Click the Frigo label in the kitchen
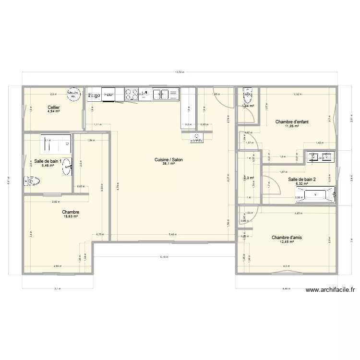tap(94, 95)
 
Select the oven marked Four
tap(109, 95)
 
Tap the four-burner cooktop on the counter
tap(132, 95)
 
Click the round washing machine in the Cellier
tap(73, 94)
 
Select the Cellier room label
tap(53, 108)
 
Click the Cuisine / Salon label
tap(168, 160)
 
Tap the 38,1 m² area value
tap(168, 164)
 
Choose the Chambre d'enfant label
tap(292, 122)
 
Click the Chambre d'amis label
tap(287, 237)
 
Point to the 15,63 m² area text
tap(71, 216)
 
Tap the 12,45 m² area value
tap(287, 241)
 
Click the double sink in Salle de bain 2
tap(321, 156)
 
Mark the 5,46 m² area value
tap(48, 166)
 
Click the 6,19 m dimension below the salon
tap(164, 257)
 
